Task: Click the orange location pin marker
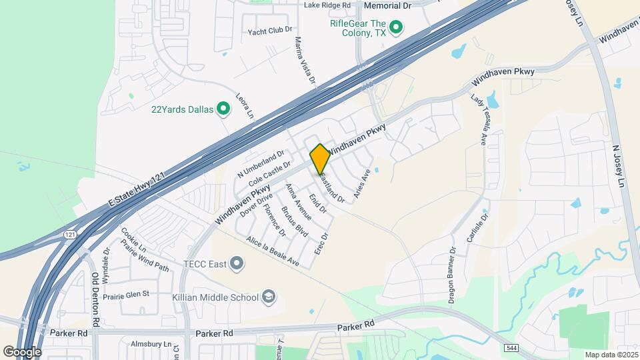pos(320,159)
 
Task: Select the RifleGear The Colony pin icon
pos(396,27)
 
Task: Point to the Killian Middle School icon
pos(269,297)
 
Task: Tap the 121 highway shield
pos(70,235)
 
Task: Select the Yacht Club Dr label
pos(270,30)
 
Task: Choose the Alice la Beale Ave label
pos(272,253)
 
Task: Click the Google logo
pos(22,351)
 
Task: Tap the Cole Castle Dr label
pos(269,173)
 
